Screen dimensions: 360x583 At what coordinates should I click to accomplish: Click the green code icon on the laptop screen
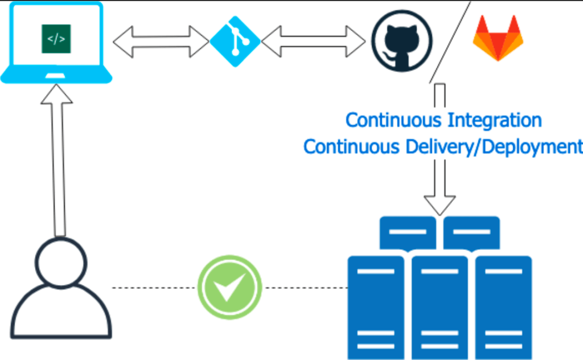click(56, 39)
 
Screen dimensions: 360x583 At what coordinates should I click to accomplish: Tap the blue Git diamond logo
click(235, 42)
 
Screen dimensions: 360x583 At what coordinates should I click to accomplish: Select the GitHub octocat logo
click(401, 41)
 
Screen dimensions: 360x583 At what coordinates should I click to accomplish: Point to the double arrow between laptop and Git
click(161, 42)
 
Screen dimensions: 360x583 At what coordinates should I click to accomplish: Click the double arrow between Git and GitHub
click(313, 42)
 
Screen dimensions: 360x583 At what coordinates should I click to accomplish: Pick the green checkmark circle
click(229, 287)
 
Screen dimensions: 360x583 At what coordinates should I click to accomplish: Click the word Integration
click(494, 120)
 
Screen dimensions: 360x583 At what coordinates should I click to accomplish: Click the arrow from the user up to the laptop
click(57, 165)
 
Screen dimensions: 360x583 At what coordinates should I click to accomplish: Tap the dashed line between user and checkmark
click(154, 288)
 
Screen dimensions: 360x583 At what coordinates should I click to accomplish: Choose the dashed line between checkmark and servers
click(305, 288)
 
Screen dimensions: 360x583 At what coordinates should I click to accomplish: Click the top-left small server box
click(408, 232)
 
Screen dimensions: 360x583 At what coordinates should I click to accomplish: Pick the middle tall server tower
click(440, 308)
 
